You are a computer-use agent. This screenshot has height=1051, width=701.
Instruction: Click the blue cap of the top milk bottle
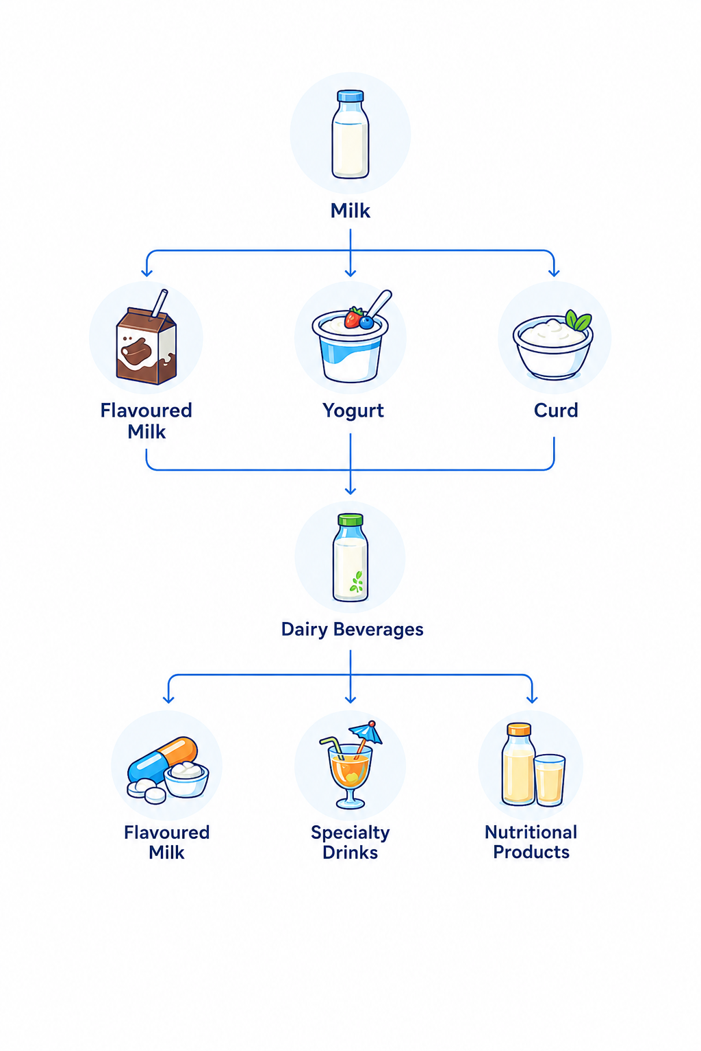coord(350,96)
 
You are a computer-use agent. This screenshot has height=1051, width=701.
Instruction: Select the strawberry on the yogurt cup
coord(353,317)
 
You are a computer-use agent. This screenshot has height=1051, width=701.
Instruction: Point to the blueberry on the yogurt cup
coord(366,322)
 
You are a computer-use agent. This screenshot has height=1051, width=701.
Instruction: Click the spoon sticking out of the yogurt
coord(379,303)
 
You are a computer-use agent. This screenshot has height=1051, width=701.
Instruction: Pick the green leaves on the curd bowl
coord(578,320)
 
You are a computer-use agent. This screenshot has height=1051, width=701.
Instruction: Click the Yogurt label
coord(353,411)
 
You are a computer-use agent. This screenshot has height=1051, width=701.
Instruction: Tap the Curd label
coord(556,411)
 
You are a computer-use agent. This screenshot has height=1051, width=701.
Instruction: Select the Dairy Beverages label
coord(352,630)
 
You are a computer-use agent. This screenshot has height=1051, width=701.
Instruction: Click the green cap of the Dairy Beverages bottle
coord(350,519)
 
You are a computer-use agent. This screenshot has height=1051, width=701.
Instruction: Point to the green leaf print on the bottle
coord(357,582)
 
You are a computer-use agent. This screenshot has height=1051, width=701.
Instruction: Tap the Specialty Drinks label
coord(350,842)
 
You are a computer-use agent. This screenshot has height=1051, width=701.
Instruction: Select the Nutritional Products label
coord(531,842)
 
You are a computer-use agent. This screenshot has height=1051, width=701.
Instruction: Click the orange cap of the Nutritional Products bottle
coord(519,729)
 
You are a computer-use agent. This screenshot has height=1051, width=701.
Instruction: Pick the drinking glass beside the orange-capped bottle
coord(550,780)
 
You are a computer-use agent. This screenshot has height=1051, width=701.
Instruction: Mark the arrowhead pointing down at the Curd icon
coord(554,272)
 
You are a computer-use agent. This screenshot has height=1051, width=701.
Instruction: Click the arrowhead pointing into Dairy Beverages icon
coord(350,490)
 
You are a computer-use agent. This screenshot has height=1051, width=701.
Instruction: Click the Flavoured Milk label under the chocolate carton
coord(146,421)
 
